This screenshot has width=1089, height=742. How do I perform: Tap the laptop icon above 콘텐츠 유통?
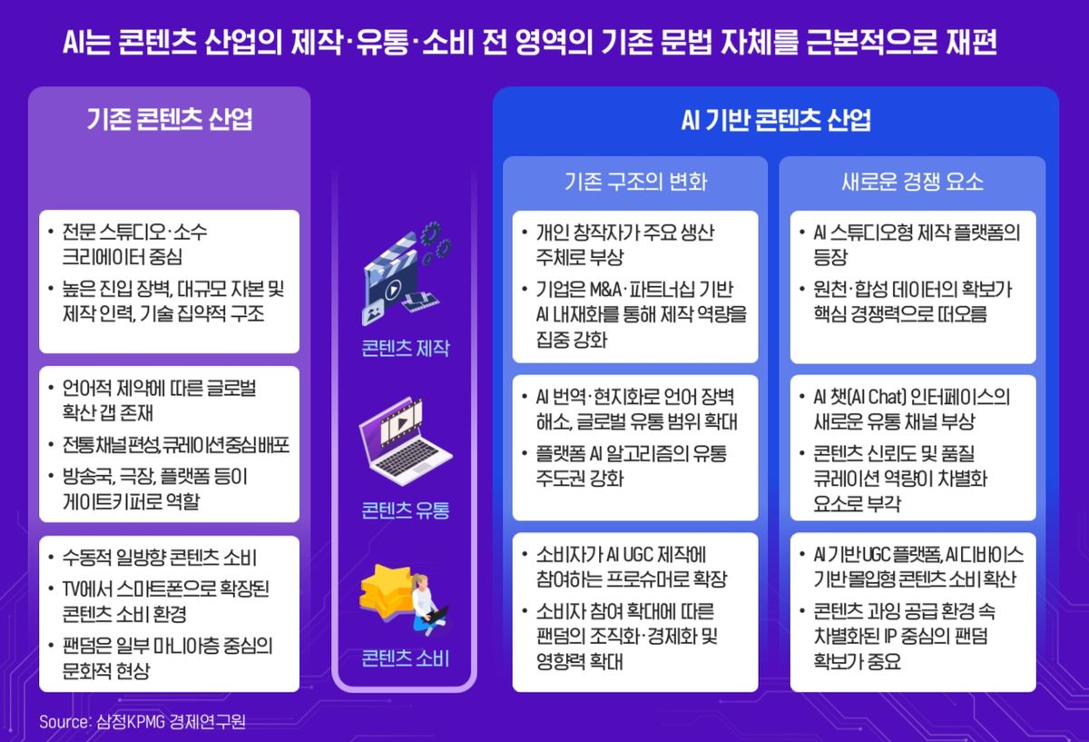click(405, 440)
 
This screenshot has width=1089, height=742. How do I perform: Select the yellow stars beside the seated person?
click(386, 590)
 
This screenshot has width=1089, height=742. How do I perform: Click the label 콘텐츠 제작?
click(406, 349)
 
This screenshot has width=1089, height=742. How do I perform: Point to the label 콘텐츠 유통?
click(406, 510)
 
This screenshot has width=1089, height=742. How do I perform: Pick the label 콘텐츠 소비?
click(406, 658)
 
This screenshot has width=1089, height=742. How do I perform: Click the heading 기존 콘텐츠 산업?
click(170, 119)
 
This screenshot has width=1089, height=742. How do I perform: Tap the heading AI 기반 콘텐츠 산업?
click(776, 120)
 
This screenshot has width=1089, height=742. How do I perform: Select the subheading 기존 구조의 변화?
click(635, 182)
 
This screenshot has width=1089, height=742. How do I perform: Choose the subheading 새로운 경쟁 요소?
click(913, 182)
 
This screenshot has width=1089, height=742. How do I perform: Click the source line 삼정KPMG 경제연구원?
click(172, 721)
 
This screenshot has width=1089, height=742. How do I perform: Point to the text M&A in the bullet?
click(606, 290)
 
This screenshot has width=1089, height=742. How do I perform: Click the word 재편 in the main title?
click(971, 42)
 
